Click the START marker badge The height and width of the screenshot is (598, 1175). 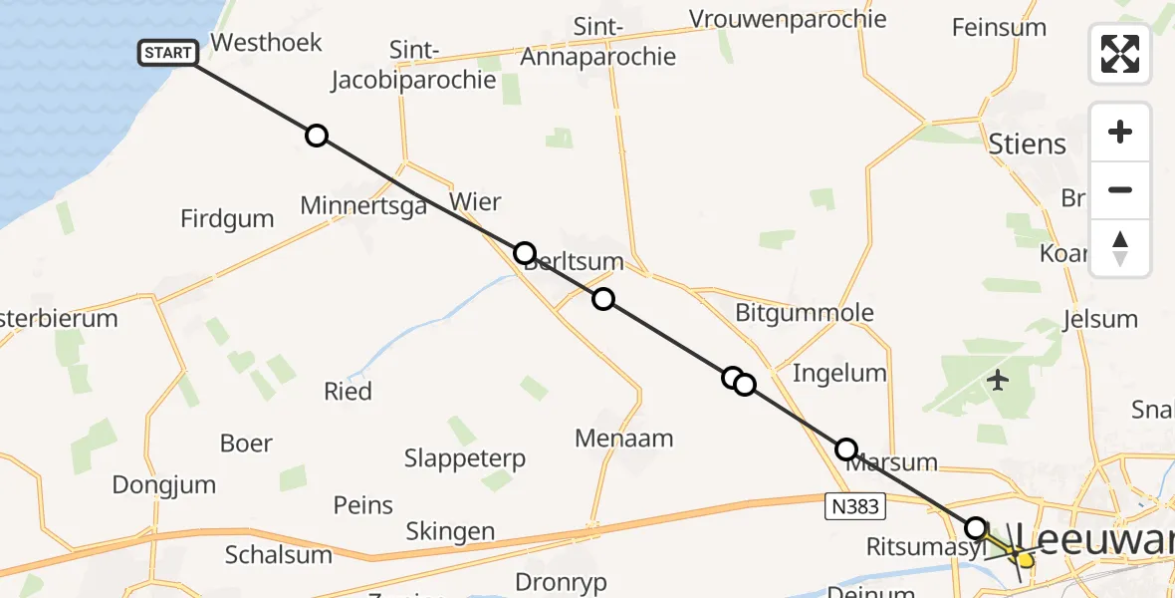(168, 53)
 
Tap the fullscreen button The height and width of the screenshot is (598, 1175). (1120, 54)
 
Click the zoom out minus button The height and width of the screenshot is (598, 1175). (1120, 189)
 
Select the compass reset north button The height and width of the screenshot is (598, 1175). (1120, 248)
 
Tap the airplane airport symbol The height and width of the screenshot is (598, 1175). (999, 380)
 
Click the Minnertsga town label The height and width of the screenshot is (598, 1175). (363, 205)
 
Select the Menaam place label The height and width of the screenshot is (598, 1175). (624, 438)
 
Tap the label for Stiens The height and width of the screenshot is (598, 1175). (1028, 145)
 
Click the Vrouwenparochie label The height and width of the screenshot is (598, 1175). (788, 19)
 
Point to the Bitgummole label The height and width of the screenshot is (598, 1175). (805, 312)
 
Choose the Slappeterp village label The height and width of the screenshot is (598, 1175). (465, 458)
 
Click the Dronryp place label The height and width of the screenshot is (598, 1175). (561, 582)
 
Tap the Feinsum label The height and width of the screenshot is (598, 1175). (999, 27)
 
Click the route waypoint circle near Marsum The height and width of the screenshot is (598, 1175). (846, 449)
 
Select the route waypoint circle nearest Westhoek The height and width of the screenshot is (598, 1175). (316, 136)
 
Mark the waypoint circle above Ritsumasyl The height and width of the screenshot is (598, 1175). (976, 527)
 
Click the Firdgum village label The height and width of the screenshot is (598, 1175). (227, 219)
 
